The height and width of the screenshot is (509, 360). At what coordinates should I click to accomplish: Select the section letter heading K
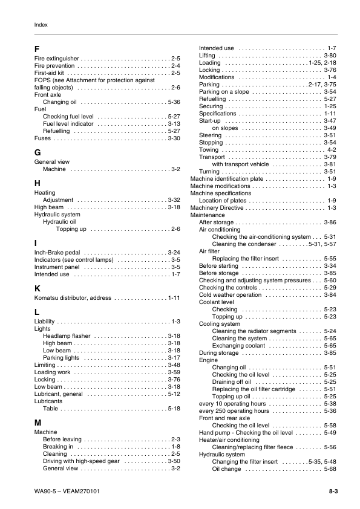coord(38,288)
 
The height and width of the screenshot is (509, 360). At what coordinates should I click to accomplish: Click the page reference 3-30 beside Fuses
coord(174,138)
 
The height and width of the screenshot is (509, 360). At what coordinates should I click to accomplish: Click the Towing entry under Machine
coord(209,149)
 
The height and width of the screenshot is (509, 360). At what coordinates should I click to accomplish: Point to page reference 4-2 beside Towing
coord(332,149)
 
